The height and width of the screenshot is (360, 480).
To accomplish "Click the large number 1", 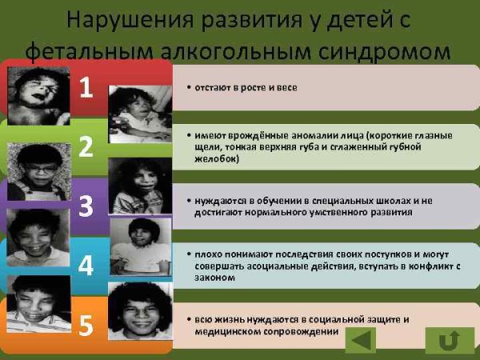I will [x=86, y=87].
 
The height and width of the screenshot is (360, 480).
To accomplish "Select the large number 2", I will [x=86, y=146].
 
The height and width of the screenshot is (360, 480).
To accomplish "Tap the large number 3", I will [x=86, y=205].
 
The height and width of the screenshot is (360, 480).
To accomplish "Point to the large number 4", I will [x=86, y=265].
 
